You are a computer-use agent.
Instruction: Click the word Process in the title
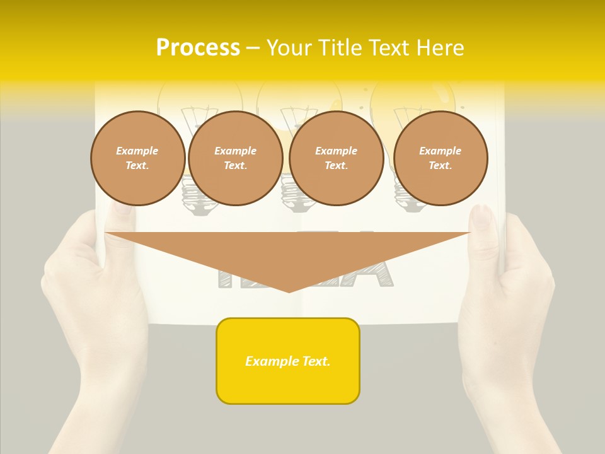click(198, 48)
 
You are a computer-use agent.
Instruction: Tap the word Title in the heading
click(340, 48)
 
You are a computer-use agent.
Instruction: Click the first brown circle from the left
click(138, 158)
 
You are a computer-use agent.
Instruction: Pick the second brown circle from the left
click(236, 158)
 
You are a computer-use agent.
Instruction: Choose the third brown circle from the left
click(337, 158)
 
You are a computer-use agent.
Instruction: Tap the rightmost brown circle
click(441, 158)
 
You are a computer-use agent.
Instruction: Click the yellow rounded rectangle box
click(288, 361)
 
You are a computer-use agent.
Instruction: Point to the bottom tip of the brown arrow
click(289, 292)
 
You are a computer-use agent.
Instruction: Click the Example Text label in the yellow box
click(288, 361)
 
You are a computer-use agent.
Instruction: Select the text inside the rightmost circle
click(441, 158)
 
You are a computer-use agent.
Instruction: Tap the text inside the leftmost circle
click(138, 158)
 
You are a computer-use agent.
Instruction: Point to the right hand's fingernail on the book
click(482, 216)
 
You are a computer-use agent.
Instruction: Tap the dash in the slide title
click(253, 49)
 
